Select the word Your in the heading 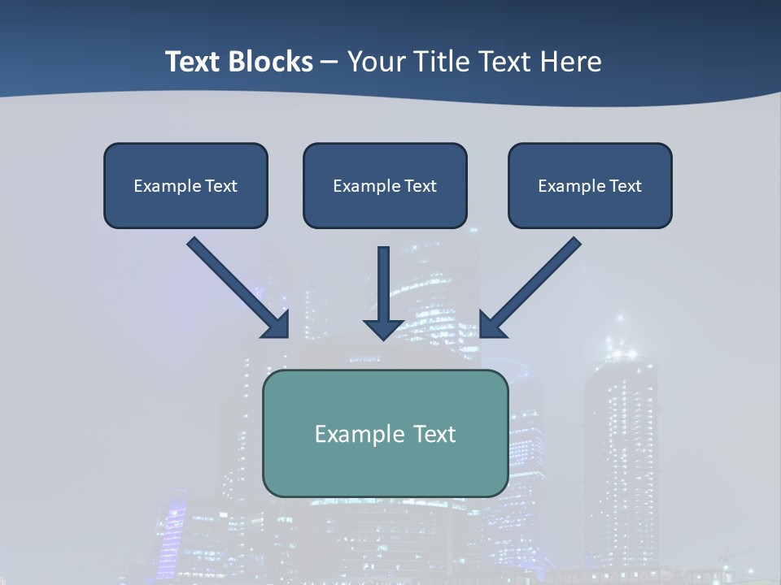coord(376,62)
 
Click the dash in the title coord(329,62)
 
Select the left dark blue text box coord(185,185)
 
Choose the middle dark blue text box coord(385,185)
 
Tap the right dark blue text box coord(590,185)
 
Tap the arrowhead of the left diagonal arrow coord(277,325)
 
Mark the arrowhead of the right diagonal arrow coord(491,325)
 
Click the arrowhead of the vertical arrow coord(384,328)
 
